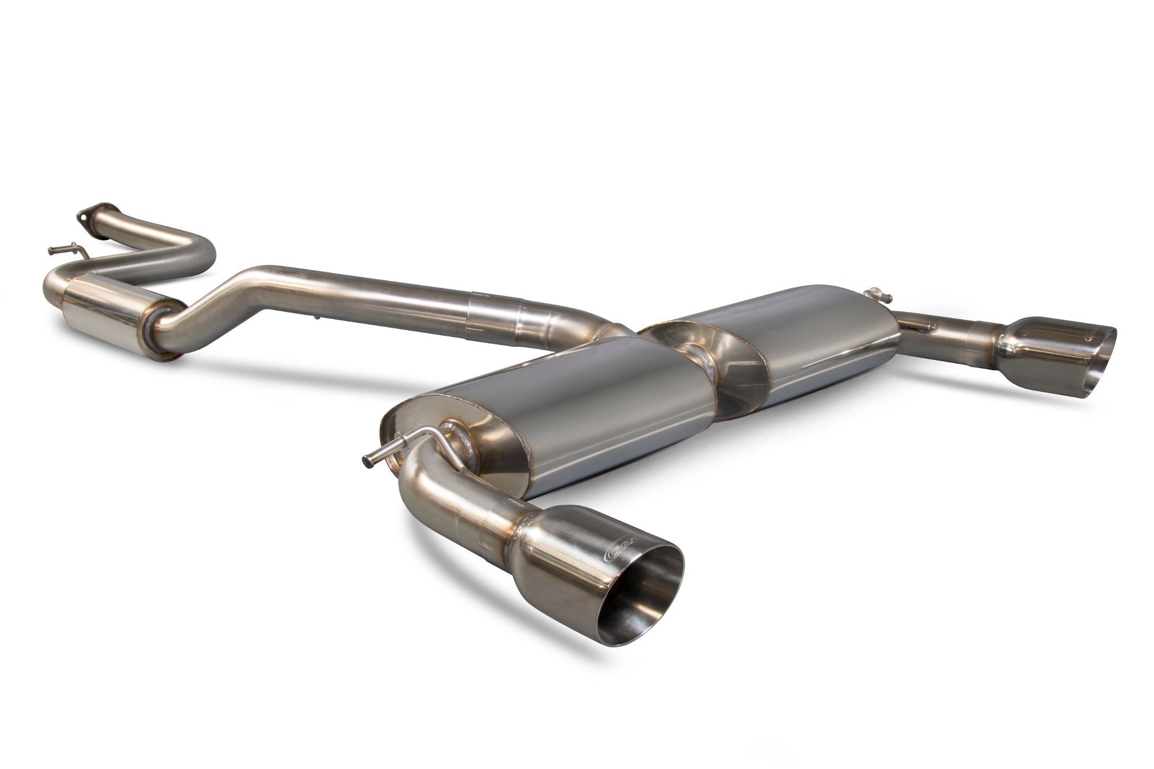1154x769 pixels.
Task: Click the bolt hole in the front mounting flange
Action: (x=85, y=218)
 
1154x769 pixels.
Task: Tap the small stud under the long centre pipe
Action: (x=317, y=317)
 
